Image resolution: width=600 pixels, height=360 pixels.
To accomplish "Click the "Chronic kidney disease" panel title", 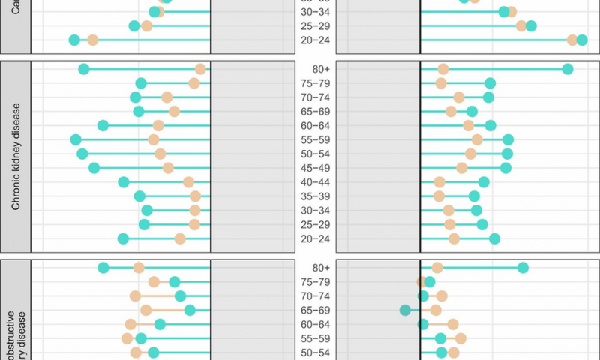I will (x=16, y=156).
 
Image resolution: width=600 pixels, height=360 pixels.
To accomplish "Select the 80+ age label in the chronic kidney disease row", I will (x=311, y=69).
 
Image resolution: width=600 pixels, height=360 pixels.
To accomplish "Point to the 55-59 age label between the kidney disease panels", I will (x=311, y=140).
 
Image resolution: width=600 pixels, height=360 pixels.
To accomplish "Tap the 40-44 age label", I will (x=311, y=182).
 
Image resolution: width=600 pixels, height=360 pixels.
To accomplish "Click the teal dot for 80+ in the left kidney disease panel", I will (x=84, y=69).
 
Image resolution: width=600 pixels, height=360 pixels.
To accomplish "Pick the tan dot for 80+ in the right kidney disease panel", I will (x=443, y=69).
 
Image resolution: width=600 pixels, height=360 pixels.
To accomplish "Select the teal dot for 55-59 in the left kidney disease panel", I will (x=76, y=139).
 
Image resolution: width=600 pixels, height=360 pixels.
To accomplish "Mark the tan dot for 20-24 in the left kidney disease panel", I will (x=180, y=238).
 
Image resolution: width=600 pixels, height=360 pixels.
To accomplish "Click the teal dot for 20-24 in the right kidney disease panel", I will (x=494, y=238).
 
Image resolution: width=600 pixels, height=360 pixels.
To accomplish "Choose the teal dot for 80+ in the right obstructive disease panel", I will (x=523, y=268).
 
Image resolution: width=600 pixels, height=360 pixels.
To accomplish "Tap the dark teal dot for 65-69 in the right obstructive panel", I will (x=406, y=310).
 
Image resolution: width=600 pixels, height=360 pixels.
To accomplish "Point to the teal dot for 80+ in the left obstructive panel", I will (x=103, y=268).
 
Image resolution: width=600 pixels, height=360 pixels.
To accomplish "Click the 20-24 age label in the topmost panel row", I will (x=311, y=40).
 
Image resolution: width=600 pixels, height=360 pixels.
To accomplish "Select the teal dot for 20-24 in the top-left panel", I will (x=74, y=40).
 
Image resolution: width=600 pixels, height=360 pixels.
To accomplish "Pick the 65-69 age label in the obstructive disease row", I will (x=311, y=310).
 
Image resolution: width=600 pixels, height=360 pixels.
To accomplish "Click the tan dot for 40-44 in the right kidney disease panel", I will (x=439, y=182).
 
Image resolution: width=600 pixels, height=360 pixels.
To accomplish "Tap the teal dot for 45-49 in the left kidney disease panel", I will (x=94, y=168).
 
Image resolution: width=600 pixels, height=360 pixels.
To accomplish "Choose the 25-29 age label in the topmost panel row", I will (x=311, y=26).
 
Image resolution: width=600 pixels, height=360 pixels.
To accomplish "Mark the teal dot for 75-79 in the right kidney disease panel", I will (x=490, y=83).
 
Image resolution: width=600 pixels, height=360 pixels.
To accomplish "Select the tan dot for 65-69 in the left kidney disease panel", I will (x=174, y=112).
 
